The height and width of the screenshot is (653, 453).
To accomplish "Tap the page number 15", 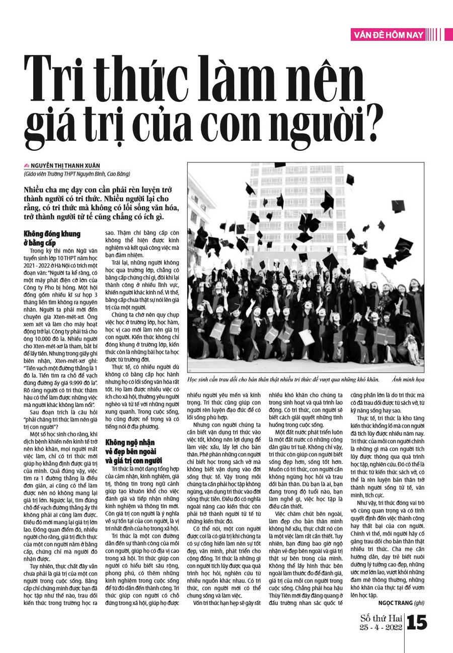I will click(417, 623).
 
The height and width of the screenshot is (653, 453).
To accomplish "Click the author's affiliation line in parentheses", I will click(77, 174).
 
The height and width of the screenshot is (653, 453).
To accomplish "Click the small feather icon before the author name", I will click(27, 166).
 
